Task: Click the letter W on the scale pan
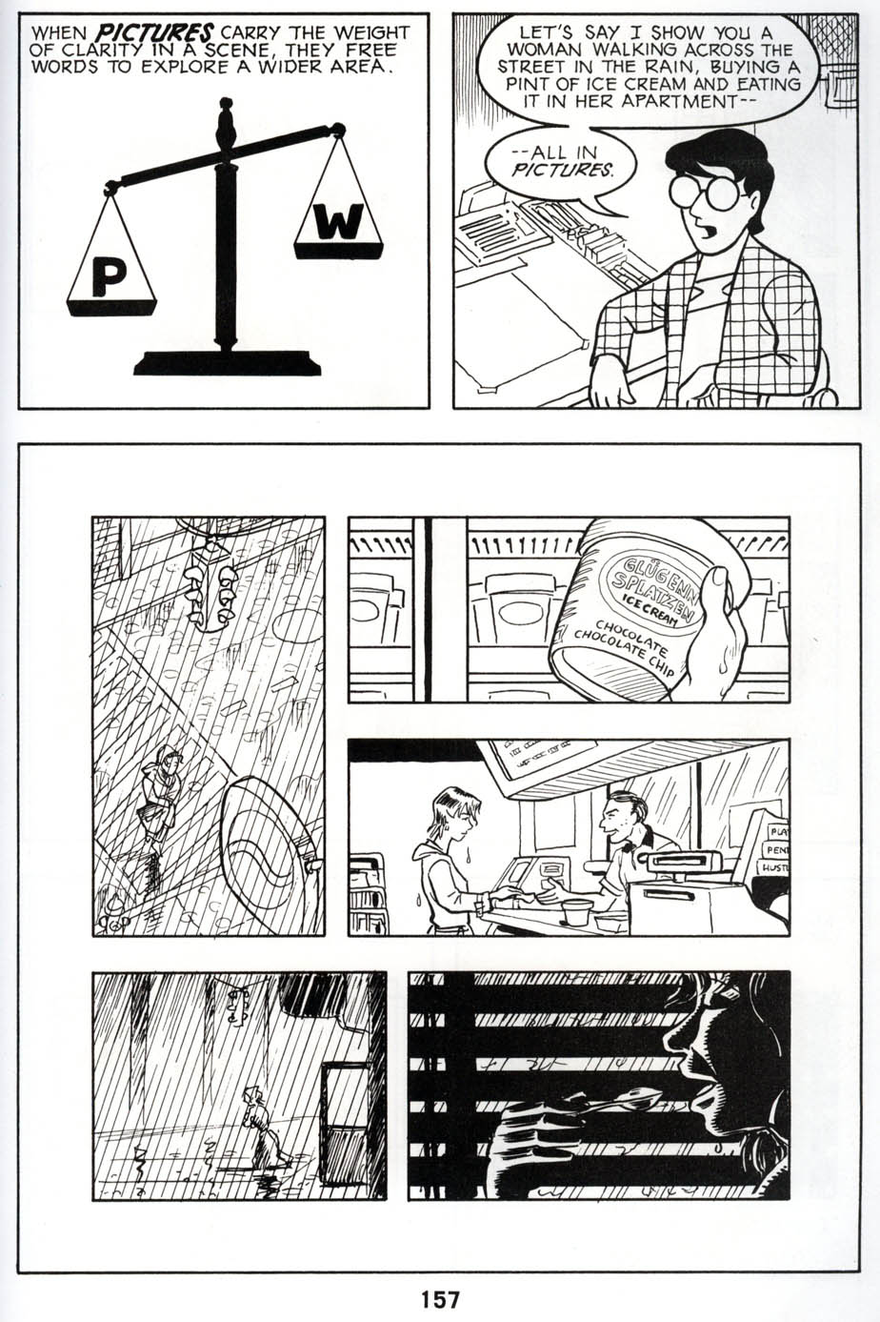click(x=338, y=222)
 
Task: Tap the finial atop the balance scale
click(x=226, y=121)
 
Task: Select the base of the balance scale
click(x=227, y=363)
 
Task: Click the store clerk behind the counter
click(x=629, y=839)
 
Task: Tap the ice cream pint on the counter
click(x=576, y=911)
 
